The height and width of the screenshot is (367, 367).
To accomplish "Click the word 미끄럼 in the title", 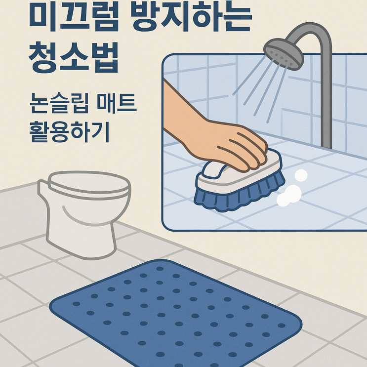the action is click(x=74, y=18).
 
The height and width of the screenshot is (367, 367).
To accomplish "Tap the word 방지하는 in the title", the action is click(x=191, y=18).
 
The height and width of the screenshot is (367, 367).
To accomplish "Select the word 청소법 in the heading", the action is click(x=73, y=57).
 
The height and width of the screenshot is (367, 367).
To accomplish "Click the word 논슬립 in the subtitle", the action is click(x=59, y=103).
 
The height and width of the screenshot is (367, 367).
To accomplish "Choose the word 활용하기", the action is click(x=70, y=132).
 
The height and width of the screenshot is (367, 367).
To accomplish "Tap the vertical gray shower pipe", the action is click(x=326, y=98).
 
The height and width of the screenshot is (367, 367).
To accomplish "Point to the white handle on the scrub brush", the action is click(x=214, y=170).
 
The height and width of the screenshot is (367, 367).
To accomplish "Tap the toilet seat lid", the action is click(x=88, y=184).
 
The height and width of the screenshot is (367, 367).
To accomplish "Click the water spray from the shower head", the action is click(x=262, y=89).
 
